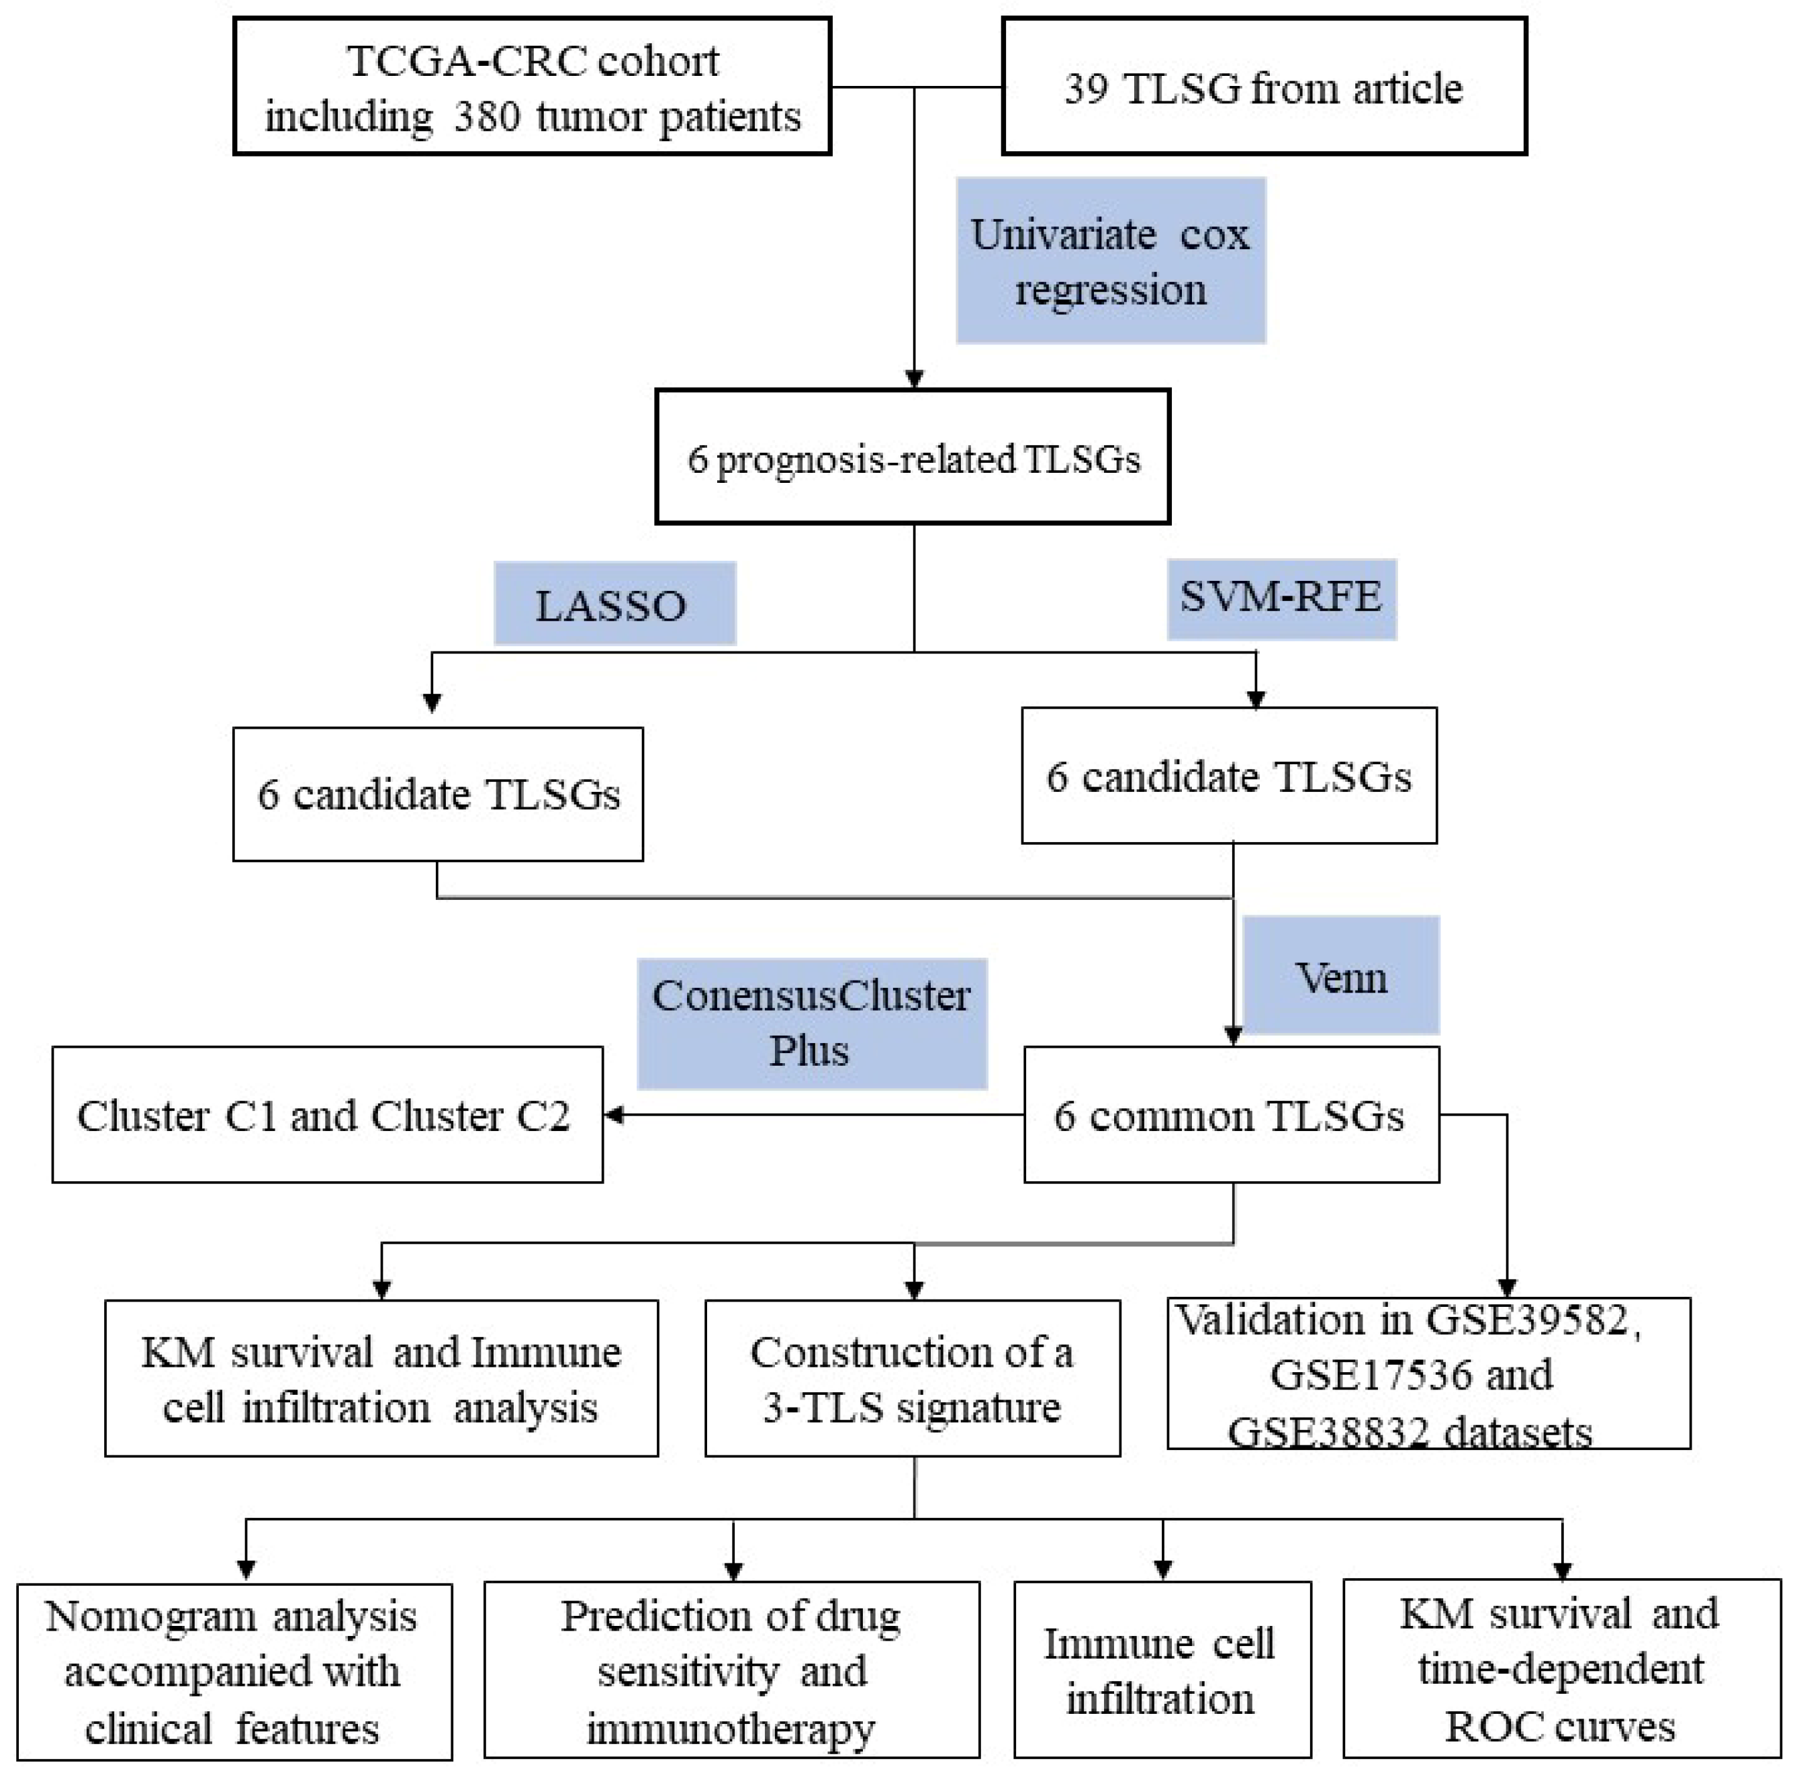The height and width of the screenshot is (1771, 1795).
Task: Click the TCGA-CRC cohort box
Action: [531, 87]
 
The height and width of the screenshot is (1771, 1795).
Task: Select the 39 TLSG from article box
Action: [1264, 87]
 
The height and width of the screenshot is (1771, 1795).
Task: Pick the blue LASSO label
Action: [614, 604]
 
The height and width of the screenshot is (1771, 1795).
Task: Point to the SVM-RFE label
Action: [1281, 598]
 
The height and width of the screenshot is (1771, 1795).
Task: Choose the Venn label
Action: [1340, 977]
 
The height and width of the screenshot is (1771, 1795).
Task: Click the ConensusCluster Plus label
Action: [811, 1023]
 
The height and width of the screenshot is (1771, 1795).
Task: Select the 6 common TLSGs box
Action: [1231, 1115]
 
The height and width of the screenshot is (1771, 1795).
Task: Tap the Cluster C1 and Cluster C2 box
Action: [327, 1115]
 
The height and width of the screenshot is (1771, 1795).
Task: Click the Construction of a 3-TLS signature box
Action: [913, 1378]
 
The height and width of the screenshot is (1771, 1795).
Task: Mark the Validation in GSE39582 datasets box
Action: [1428, 1373]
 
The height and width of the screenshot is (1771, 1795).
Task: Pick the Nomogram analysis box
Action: [234, 1672]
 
